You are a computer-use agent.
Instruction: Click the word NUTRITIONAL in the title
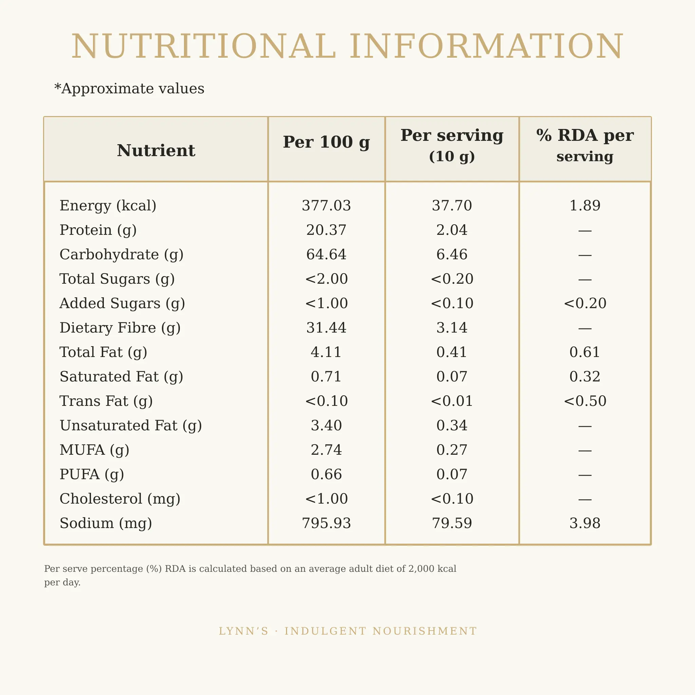click(204, 46)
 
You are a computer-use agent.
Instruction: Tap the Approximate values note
click(129, 89)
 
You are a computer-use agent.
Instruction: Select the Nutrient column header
click(156, 150)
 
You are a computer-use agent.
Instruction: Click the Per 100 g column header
click(326, 142)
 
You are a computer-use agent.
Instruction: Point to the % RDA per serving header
click(585, 145)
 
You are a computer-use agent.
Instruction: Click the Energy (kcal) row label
click(108, 206)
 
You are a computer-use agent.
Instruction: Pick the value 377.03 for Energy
click(326, 206)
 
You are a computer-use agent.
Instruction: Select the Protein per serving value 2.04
click(452, 230)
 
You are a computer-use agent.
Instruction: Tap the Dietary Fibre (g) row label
click(120, 328)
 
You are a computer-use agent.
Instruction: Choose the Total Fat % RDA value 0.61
click(585, 352)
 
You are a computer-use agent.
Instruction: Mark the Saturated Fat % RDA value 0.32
click(585, 377)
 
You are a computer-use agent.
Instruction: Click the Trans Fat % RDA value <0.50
click(585, 401)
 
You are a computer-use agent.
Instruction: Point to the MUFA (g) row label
click(95, 450)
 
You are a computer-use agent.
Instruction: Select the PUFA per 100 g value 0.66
click(326, 474)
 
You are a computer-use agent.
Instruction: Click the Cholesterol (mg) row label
click(120, 499)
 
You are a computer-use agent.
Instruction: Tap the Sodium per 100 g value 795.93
click(326, 523)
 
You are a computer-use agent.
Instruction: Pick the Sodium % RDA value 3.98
click(585, 523)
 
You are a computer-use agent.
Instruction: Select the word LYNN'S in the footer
click(244, 631)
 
